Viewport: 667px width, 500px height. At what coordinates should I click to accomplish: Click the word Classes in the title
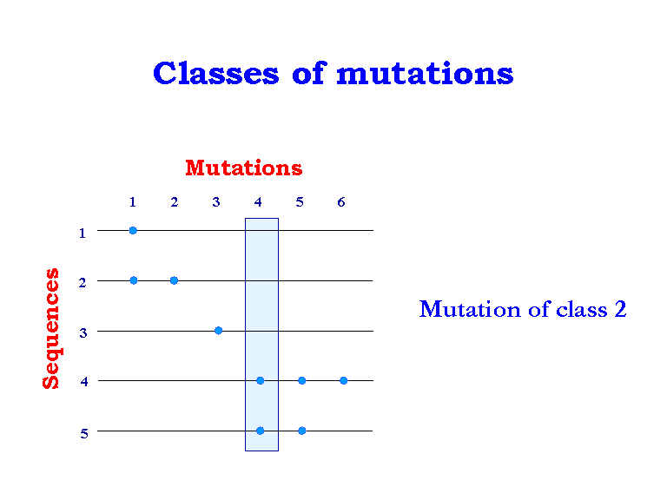coord(215,73)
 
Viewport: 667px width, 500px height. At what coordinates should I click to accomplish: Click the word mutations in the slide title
coord(425,74)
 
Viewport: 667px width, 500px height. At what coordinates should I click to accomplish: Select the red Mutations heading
coord(243,168)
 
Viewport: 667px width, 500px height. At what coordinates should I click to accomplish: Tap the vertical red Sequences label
coord(51,328)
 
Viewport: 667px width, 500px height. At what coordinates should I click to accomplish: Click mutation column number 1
coord(133,202)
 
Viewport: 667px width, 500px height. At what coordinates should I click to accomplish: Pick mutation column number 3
coord(216,202)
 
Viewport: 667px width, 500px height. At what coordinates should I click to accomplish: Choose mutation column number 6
coord(341,202)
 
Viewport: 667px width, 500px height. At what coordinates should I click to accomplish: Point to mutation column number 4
coord(258,202)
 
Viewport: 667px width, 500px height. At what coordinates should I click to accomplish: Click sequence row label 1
coord(83,233)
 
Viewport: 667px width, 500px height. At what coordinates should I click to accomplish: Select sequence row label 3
coord(83,333)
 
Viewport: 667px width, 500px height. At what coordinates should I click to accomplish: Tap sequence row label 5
coord(83,434)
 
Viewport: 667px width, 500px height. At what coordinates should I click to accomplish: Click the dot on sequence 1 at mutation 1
coord(133,230)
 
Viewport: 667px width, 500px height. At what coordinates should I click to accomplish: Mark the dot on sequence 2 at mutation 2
coord(174,280)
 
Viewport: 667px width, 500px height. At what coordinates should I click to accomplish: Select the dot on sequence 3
coord(218,330)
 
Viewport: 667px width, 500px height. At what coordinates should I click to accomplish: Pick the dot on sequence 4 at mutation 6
coord(343,380)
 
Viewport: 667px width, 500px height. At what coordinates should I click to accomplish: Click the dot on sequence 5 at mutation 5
coord(301,431)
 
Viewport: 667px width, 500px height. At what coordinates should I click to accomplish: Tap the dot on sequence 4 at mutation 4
coord(260,380)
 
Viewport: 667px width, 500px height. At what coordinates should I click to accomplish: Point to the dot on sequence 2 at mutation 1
coord(133,280)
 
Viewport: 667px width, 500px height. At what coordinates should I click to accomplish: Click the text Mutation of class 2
coord(522,309)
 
